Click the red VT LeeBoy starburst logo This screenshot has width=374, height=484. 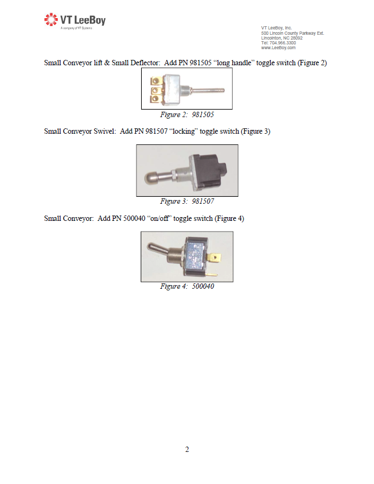pyautogui.click(x=51, y=19)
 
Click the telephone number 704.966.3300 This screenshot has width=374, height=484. pyautogui.click(x=283, y=43)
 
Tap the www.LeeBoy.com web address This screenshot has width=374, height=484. pyautogui.click(x=278, y=48)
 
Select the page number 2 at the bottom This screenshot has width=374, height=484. pyautogui.click(x=187, y=449)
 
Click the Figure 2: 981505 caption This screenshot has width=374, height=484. pyautogui.click(x=187, y=114)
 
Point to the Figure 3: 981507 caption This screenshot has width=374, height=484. pyautogui.click(x=187, y=201)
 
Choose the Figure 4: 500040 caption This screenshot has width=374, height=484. pyautogui.click(x=187, y=286)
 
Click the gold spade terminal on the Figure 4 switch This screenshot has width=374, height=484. pyautogui.click(x=215, y=257)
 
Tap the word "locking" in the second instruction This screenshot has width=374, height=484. pyautogui.click(x=184, y=131)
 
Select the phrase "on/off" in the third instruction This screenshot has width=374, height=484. pyautogui.click(x=159, y=219)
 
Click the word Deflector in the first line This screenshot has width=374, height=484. pyautogui.click(x=145, y=63)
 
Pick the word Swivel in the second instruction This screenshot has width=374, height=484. pyautogui.click(x=105, y=131)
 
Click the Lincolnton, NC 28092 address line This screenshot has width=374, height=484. pyautogui.click(x=282, y=38)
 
